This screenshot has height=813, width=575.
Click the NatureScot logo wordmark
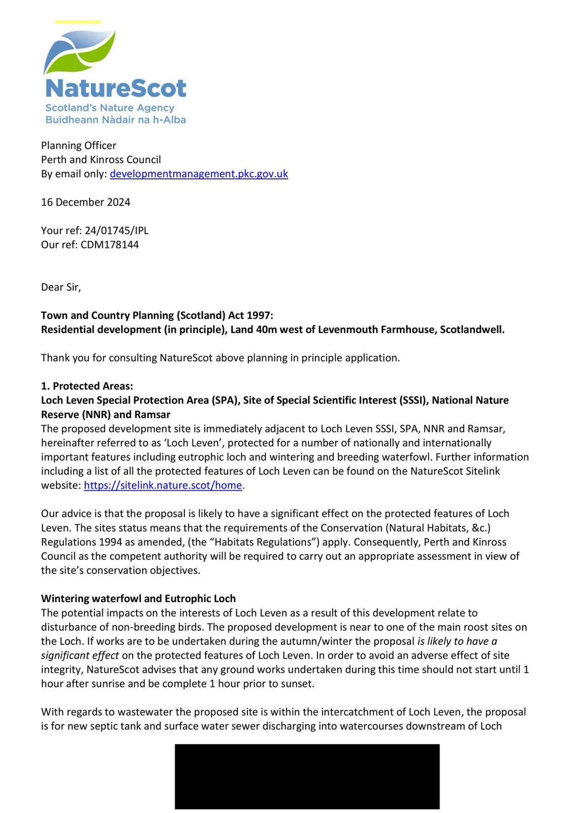pyautogui.click(x=116, y=88)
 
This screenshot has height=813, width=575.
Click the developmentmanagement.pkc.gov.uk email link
pyautogui.click(x=199, y=174)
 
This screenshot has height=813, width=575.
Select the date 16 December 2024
pyautogui.click(x=85, y=202)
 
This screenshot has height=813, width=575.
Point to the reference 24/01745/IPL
pyautogui.click(x=116, y=231)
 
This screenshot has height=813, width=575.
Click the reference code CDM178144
pyautogui.click(x=109, y=245)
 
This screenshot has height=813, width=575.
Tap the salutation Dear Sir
pyautogui.click(x=60, y=287)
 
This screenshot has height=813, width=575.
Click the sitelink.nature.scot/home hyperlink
pyautogui.click(x=163, y=485)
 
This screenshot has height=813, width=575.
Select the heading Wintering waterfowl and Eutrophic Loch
pyautogui.click(x=138, y=599)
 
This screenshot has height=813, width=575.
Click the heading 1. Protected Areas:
pyautogui.click(x=87, y=386)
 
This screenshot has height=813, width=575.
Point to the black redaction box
pyautogui.click(x=307, y=776)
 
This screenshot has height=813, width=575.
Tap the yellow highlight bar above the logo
pyautogui.click(x=78, y=22)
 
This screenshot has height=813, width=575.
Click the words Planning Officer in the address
pyautogui.click(x=78, y=146)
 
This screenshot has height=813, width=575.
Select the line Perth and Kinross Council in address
pyautogui.click(x=101, y=160)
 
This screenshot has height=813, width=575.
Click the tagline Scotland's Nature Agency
pyautogui.click(x=110, y=108)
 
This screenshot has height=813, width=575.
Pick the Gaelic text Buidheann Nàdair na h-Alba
pyautogui.click(x=115, y=120)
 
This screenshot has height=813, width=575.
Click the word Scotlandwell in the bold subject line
pyautogui.click(x=472, y=330)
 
